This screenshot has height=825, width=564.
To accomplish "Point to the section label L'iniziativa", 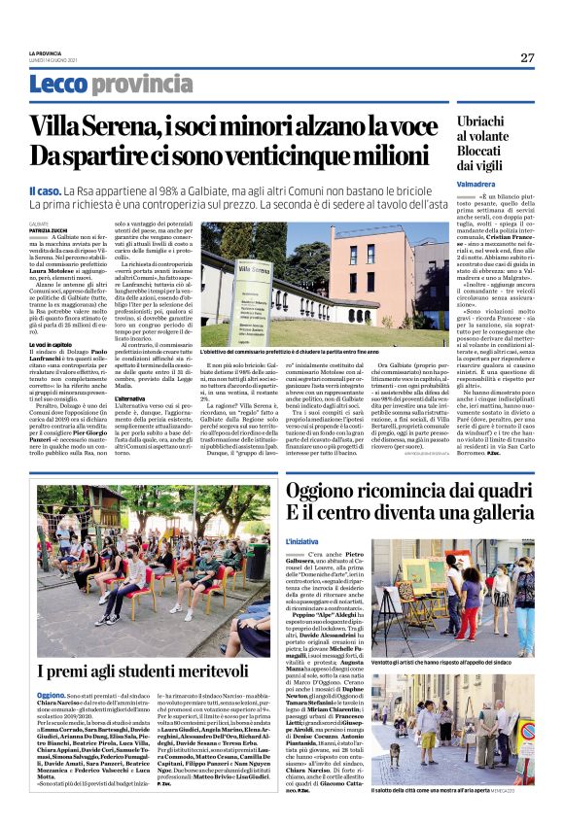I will coord(302,539).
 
